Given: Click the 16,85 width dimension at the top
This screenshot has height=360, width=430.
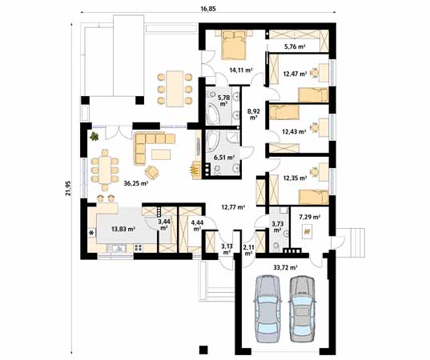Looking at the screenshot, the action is coord(208,9).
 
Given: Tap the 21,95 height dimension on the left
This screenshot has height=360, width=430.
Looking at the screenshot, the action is coord(68,188).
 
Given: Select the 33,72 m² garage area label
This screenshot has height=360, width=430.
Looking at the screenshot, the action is coord(286,267).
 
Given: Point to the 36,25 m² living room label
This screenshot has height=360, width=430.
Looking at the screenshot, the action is coord(136,183).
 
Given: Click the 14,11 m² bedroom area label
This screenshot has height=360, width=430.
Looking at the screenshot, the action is coord(241,70).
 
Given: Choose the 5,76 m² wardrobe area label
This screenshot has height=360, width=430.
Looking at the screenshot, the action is coord(295,46).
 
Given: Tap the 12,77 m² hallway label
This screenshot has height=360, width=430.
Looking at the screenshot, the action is coord(233,207).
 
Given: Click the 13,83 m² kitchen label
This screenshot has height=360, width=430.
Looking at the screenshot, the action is coord(123,229).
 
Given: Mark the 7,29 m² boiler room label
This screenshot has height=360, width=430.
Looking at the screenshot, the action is coord(310,218).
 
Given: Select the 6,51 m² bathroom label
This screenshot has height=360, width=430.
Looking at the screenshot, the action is coord(224,158).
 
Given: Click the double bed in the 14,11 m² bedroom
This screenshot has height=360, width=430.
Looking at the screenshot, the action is coord(233,45).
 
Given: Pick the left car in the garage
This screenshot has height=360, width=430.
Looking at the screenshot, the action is coord(267,308).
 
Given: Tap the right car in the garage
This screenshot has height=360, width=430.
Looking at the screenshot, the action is coord(303,308).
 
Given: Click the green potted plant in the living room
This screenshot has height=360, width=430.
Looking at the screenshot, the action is coord(94,136).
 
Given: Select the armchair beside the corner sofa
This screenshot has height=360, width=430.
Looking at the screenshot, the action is coord(152,173).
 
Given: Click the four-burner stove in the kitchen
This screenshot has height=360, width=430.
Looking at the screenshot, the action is coord(139,248).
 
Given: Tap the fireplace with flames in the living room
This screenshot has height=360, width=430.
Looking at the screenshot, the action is coord(195,170).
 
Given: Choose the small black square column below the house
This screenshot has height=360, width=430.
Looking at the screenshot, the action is coord(203,350).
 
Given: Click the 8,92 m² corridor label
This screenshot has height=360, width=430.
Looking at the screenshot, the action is coord(253,114).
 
